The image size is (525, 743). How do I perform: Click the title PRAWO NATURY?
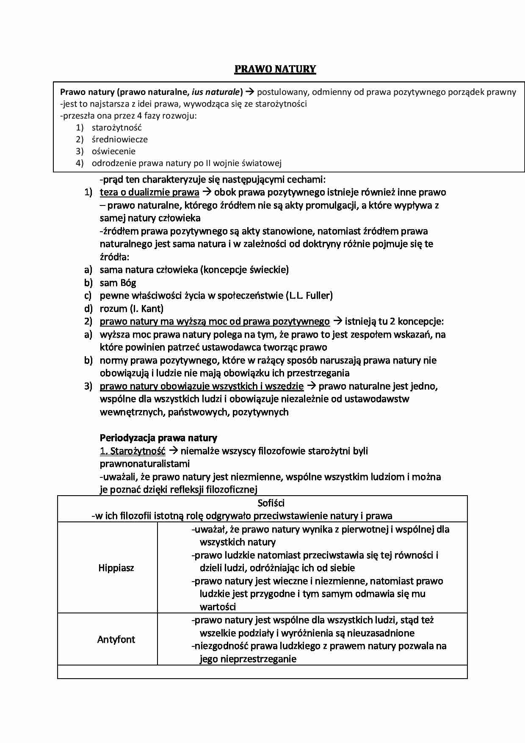pos(275,69)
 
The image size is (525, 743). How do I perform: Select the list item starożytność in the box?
pos(117,128)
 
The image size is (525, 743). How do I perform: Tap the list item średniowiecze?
pos(120,139)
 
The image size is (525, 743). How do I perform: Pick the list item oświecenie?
pos(113,151)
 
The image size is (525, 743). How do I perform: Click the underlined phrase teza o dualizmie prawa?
pos(149,192)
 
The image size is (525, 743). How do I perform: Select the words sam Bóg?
pos(118,283)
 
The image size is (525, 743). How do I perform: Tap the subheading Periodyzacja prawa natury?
pos(158,438)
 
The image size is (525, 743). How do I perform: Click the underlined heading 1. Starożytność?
pos(133,451)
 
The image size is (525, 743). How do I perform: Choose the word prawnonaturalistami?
pos(145,464)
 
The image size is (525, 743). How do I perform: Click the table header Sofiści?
pos(271,503)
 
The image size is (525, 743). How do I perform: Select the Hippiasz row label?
pos(116,568)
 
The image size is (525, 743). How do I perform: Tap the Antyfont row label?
pos(116,640)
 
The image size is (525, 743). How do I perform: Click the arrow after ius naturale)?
pos(250,92)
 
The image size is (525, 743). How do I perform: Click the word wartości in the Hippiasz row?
pos(218,607)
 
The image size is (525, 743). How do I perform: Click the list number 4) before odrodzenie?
pos(80,163)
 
